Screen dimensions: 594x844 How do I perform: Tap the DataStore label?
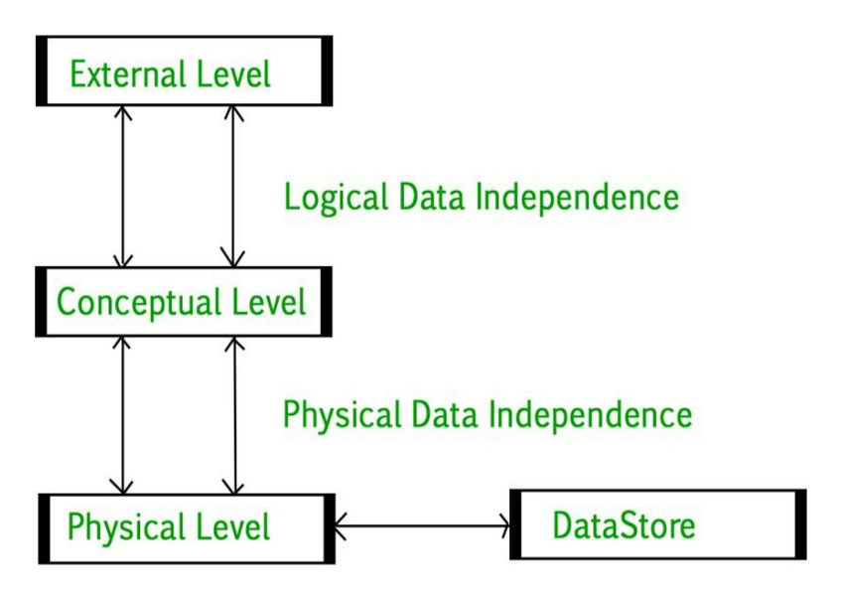(x=624, y=524)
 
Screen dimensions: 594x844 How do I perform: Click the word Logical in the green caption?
(x=334, y=197)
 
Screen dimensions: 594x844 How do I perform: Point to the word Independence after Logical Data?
(x=577, y=197)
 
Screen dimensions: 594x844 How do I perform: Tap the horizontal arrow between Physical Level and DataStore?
(x=421, y=523)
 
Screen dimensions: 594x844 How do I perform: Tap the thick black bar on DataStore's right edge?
(x=800, y=523)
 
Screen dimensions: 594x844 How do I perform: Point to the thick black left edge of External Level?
(x=42, y=72)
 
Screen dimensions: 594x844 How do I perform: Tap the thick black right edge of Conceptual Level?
(x=326, y=301)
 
